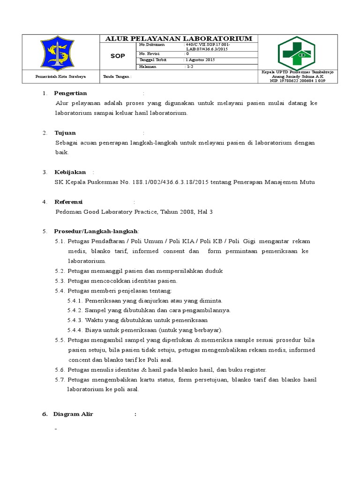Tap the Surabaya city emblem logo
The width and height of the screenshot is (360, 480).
pyautogui.click(x=57, y=53)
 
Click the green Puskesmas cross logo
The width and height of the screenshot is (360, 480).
pyautogui.click(x=296, y=52)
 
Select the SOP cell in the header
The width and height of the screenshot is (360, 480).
pyautogui.click(x=117, y=56)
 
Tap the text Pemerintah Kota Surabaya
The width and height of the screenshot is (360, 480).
pyautogui.click(x=57, y=76)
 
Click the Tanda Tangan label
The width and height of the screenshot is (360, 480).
pyautogui.click(x=117, y=76)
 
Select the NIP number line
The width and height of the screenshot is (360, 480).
pyautogui.click(x=297, y=81)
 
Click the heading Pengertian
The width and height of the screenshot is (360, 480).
pyautogui.click(x=71, y=93)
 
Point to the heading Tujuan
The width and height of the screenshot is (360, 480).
pyautogui.click(x=65, y=133)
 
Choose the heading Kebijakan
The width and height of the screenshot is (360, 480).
pyautogui.click(x=70, y=172)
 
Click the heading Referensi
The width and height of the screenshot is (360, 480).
pyautogui.click(x=68, y=202)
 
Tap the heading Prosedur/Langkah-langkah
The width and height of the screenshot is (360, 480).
pyautogui.click(x=96, y=232)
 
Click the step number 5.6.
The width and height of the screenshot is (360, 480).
pyautogui.click(x=60, y=370)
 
